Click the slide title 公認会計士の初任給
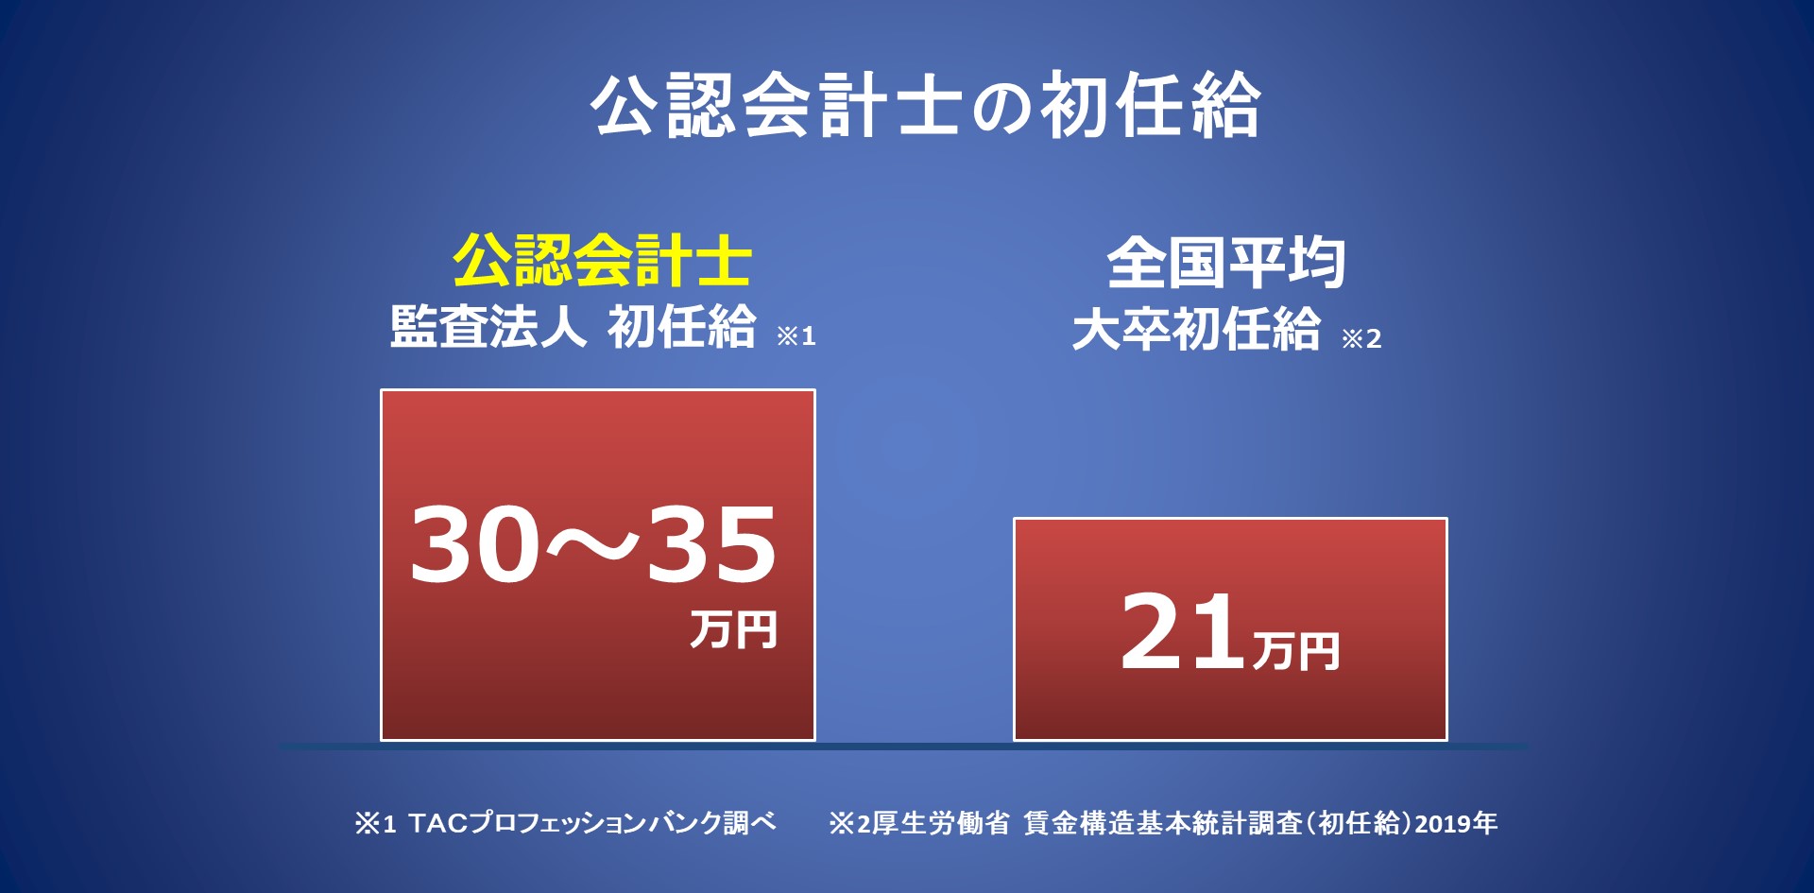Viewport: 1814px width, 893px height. pyautogui.click(x=926, y=105)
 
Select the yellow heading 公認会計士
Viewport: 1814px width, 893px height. pyautogui.click(x=602, y=260)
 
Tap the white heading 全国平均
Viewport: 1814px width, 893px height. pyautogui.click(x=1226, y=263)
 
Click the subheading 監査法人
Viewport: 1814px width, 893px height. pyautogui.click(x=488, y=326)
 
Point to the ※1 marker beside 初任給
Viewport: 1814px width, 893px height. pyautogui.click(x=796, y=335)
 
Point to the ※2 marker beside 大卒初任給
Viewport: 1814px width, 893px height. pyautogui.click(x=1361, y=338)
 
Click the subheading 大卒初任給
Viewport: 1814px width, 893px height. pyautogui.click(x=1196, y=329)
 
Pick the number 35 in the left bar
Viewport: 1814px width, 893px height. pyautogui.click(x=710, y=543)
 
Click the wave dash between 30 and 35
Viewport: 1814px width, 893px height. pyautogui.click(x=592, y=544)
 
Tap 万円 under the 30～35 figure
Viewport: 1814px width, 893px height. pyautogui.click(x=733, y=629)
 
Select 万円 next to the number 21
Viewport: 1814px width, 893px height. pyautogui.click(x=1296, y=651)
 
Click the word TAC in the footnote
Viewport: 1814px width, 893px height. pyautogui.click(x=438, y=824)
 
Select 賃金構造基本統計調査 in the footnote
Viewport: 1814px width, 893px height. pyautogui.click(x=1164, y=824)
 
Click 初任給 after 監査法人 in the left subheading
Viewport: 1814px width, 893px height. pyautogui.click(x=681, y=326)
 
